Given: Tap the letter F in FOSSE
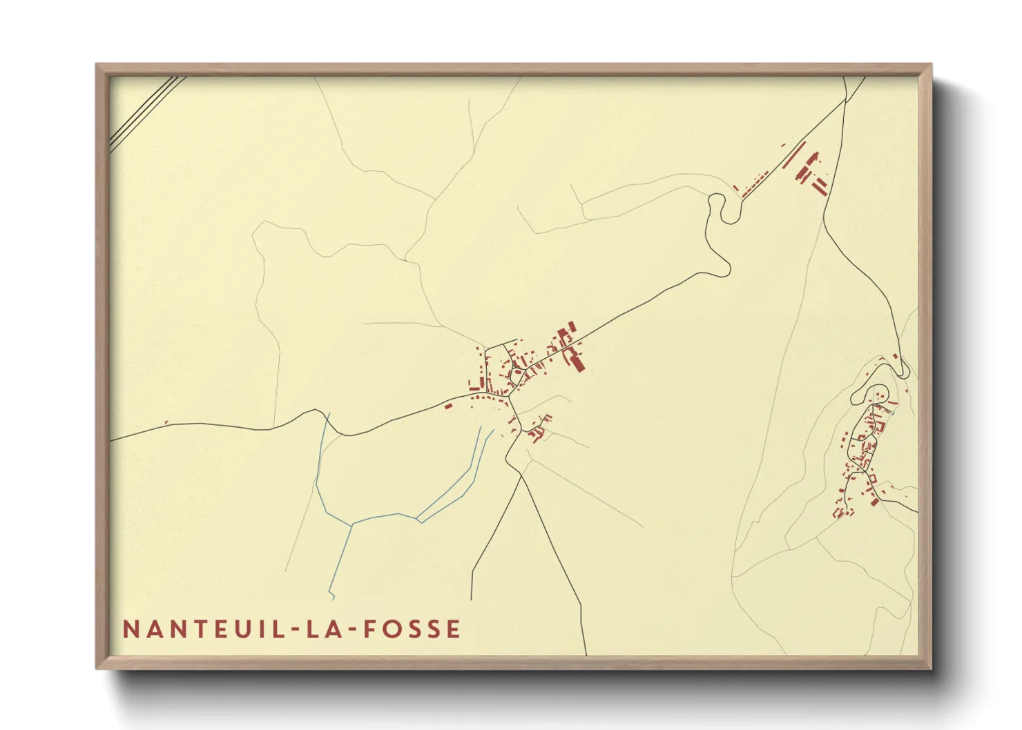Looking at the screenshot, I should (x=370, y=629).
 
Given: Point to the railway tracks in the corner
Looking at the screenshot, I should (x=146, y=112).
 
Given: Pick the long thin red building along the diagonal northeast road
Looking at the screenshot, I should (x=794, y=156).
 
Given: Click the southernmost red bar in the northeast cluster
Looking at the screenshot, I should (x=820, y=188).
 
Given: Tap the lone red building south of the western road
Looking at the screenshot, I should (x=447, y=406).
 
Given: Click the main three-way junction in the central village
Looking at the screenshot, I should (x=510, y=396).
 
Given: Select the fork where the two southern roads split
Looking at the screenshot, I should (x=519, y=475).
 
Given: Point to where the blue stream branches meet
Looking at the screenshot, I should (x=353, y=524).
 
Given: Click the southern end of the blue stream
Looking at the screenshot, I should (x=333, y=598).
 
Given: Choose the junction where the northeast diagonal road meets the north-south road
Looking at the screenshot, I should (x=845, y=101).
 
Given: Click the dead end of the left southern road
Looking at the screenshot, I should (x=472, y=599).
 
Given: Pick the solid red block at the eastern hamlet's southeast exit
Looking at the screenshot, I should (x=874, y=502).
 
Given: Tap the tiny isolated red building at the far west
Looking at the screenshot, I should (x=166, y=422).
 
